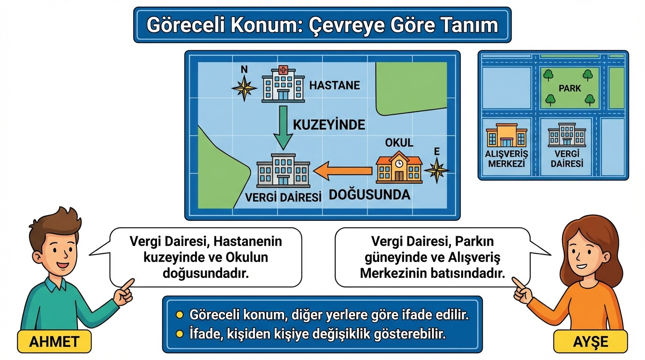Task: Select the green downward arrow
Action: (283, 127)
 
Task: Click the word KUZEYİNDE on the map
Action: (329, 125)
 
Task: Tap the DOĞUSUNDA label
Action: (369, 195)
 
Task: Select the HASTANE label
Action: (335, 85)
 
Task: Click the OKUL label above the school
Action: (399, 142)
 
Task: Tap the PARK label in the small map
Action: (570, 88)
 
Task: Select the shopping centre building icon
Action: (506, 135)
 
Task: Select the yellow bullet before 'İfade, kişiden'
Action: (179, 334)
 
